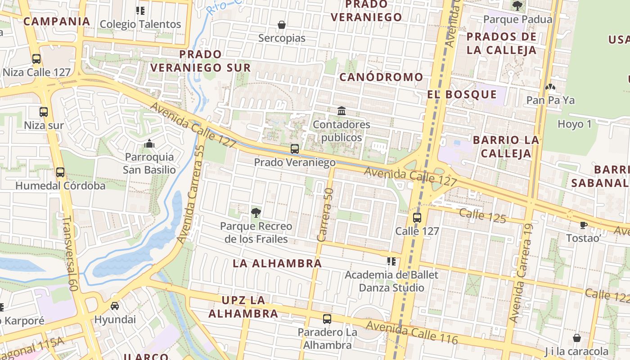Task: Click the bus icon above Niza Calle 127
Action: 36,59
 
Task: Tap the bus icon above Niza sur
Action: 44,112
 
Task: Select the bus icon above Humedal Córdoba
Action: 60,172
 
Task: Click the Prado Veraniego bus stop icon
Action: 295,148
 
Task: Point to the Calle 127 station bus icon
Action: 417,218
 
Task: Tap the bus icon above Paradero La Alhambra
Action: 327,319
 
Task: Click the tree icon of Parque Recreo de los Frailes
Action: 256,212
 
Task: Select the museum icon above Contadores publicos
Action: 342,111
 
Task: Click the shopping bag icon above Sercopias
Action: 282,25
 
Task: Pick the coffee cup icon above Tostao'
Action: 583,225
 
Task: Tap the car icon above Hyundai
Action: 115,306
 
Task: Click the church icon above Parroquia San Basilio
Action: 149,144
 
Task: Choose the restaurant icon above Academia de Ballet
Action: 391,261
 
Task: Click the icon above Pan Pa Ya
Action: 550,87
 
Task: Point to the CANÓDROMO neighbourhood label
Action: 381,77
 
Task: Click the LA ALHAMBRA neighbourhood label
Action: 277,264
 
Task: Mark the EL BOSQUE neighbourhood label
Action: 462,94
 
